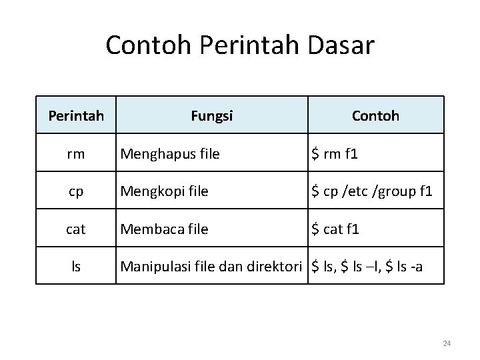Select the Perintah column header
(76, 116)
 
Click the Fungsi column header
(211, 116)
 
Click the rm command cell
(76, 154)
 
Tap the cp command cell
(76, 192)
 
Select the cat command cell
(76, 229)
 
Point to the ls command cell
(76, 267)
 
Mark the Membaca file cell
(164, 229)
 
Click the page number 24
(447, 343)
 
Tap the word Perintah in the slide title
(241, 46)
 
